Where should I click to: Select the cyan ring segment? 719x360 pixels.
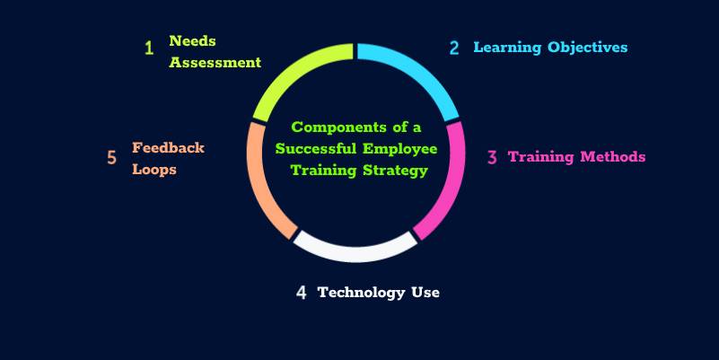417,75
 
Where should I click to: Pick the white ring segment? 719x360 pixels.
355,248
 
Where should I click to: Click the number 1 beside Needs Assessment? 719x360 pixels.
149,47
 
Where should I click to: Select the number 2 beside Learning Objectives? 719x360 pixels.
454,48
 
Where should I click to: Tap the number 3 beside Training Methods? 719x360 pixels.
492,157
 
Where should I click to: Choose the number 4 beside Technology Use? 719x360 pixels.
302,293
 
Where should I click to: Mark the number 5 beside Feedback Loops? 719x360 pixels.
112,158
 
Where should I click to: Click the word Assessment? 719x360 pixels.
215,63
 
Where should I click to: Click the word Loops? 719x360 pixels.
153,169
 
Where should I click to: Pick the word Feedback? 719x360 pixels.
168,147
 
